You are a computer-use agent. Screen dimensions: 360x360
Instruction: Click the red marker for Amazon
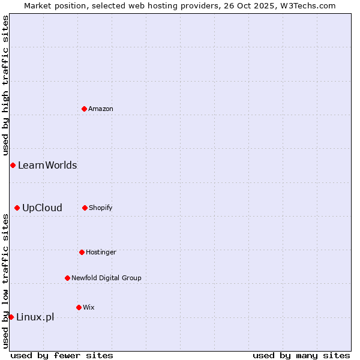[x=84, y=109]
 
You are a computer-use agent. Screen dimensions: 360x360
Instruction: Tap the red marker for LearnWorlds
[x=13, y=165]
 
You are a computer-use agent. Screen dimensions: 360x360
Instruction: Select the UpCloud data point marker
[x=17, y=208]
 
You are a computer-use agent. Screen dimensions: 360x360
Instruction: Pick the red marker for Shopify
[x=85, y=208]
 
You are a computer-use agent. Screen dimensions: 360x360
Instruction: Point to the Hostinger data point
[x=82, y=252]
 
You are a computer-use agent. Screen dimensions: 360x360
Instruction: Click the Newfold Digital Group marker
[x=67, y=278]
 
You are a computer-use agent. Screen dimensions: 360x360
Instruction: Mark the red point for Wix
[x=79, y=307]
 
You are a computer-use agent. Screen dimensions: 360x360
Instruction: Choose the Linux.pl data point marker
[x=11, y=317]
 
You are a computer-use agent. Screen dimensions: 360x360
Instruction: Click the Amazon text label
[x=101, y=109]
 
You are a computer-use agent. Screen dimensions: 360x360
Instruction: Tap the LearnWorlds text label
[x=47, y=165]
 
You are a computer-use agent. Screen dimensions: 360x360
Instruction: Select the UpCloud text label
[x=42, y=208]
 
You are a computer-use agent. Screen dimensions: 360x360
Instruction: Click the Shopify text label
[x=101, y=208]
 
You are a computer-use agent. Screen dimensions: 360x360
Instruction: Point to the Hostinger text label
[x=101, y=252]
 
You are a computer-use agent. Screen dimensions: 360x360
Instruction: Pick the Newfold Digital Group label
[x=106, y=278]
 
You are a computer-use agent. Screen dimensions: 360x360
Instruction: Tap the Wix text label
[x=89, y=307]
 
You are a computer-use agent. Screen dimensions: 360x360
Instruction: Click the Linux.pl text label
[x=35, y=317]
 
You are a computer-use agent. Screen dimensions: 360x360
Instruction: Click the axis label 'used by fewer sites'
[x=62, y=355]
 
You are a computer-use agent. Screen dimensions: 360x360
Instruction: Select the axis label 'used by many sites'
[x=301, y=355]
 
